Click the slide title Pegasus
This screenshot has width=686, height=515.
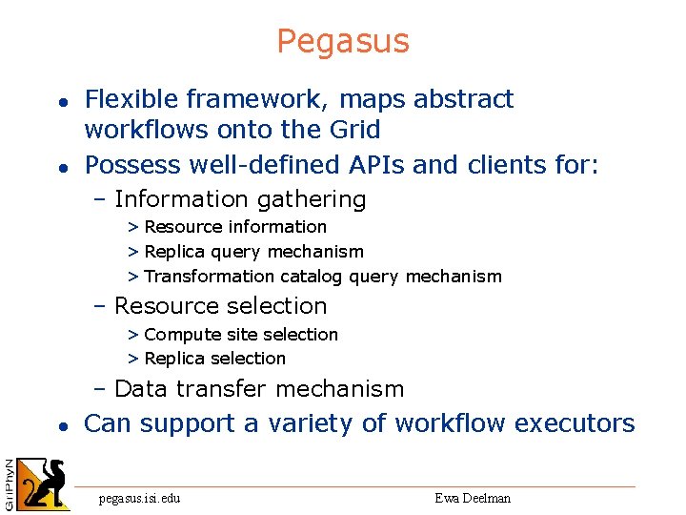click(343, 41)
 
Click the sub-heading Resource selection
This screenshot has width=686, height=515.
click(220, 306)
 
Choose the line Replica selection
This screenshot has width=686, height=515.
click(214, 359)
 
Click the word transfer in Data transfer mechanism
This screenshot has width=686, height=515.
click(221, 389)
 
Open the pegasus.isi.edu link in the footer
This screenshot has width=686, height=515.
click(140, 498)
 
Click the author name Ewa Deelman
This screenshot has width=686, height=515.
click(473, 498)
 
